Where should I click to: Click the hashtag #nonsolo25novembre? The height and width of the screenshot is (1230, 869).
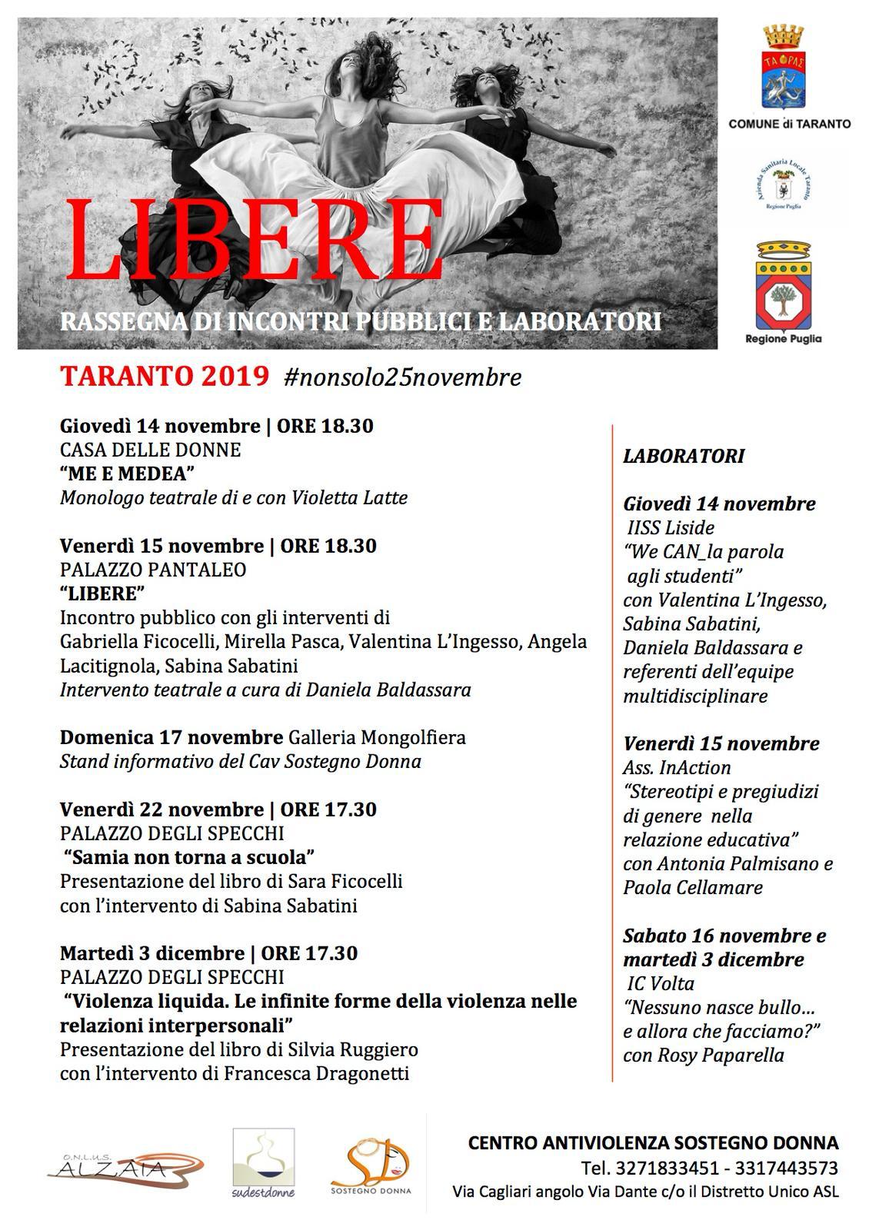(x=402, y=377)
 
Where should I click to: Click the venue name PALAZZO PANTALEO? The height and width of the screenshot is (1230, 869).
(x=153, y=570)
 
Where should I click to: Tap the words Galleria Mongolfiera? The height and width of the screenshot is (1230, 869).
(x=377, y=738)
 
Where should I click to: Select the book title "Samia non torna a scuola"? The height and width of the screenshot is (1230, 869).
(x=189, y=856)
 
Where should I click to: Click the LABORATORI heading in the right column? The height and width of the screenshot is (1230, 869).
(x=684, y=456)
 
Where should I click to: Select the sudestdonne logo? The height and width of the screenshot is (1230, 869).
(x=264, y=1163)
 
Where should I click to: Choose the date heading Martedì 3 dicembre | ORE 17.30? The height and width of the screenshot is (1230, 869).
(x=208, y=953)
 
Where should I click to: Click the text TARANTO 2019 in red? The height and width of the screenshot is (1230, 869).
(x=165, y=377)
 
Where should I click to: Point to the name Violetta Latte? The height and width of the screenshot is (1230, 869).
(x=349, y=498)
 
